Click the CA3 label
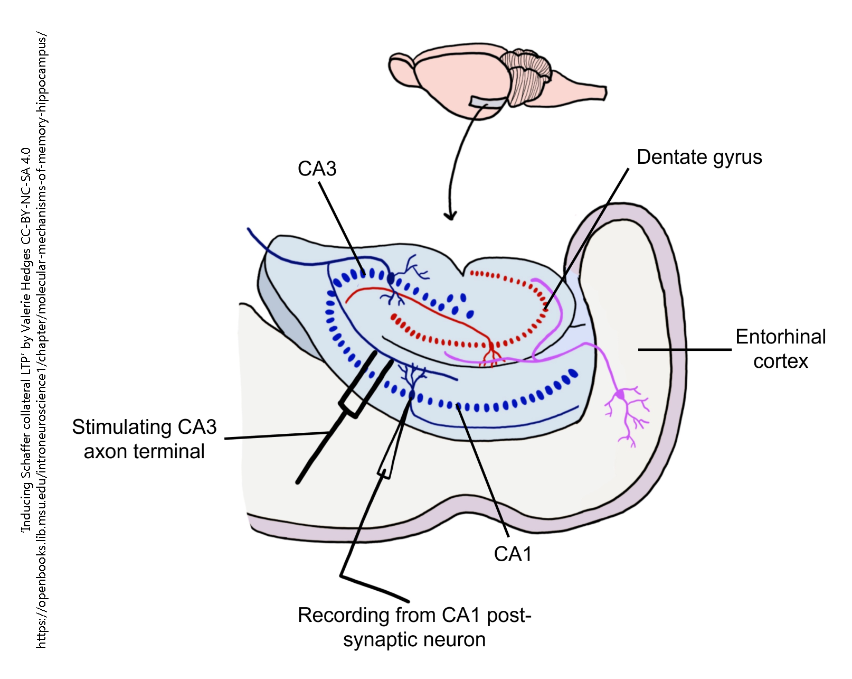[317, 169]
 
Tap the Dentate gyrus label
[699, 157]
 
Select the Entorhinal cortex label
[780, 349]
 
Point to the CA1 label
[513, 554]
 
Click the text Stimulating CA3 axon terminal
[144, 439]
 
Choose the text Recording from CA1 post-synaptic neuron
[414, 627]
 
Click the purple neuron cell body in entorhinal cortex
[621, 395]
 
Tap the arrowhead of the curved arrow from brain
[450, 215]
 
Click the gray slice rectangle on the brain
[488, 102]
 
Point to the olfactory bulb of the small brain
[401, 68]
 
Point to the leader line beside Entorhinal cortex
[684, 349]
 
